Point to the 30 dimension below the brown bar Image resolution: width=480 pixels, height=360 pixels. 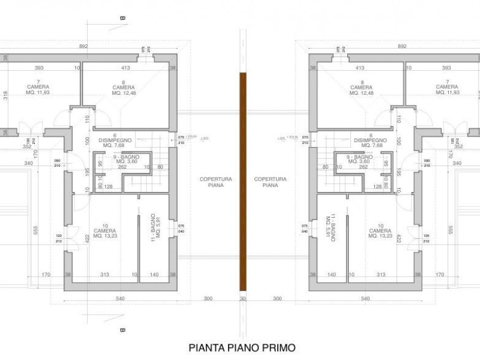pyautogui.click(x=243, y=298)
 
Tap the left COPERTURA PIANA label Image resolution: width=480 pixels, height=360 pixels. pyautogui.click(x=212, y=182)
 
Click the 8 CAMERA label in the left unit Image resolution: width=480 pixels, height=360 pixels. pyautogui.click(x=124, y=88)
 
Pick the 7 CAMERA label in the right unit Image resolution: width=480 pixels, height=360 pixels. pyautogui.click(x=449, y=88)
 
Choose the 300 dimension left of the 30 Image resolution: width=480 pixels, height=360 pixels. pyautogui.click(x=208, y=298)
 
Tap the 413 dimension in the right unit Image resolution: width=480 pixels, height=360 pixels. pyautogui.click(x=361, y=68)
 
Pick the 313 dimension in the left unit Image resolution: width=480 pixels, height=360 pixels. pyautogui.click(x=104, y=275)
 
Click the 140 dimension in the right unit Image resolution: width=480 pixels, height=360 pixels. pyautogui.click(x=329, y=275)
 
